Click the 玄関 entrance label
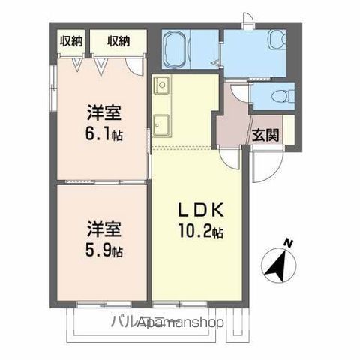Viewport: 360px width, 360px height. [x=265, y=135]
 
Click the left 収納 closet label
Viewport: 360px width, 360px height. [x=71, y=40]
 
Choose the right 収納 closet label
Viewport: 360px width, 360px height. [x=118, y=40]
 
